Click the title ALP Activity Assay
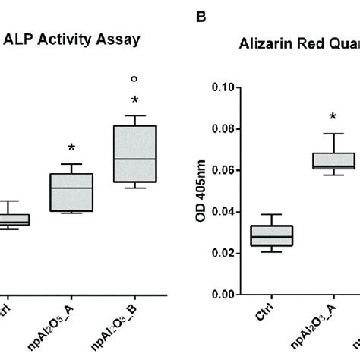pos(71,41)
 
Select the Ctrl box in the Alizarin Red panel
pos(272,235)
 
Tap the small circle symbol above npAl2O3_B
pos(134,78)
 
